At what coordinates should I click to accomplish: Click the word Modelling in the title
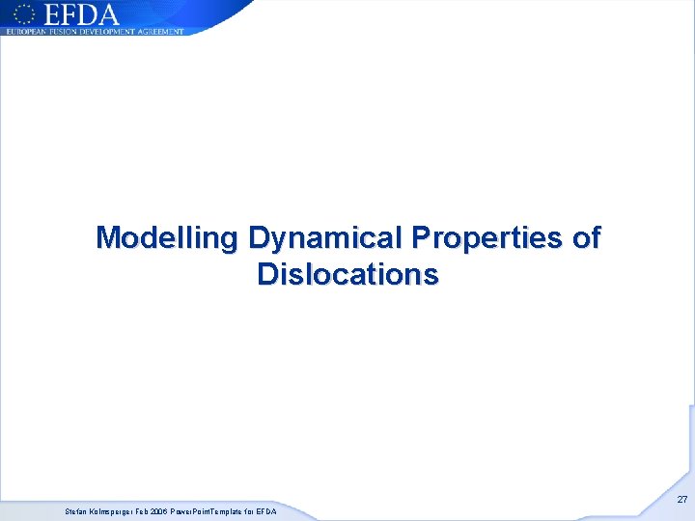point(168,237)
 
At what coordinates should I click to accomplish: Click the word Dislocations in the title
point(347,274)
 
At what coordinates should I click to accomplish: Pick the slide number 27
point(681,500)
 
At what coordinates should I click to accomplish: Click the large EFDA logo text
point(80,14)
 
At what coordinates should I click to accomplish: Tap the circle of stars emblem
point(25,14)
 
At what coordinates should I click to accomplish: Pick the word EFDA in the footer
point(266,511)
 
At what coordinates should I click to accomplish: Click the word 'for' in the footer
point(249,511)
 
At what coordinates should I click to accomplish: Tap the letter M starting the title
point(107,237)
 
